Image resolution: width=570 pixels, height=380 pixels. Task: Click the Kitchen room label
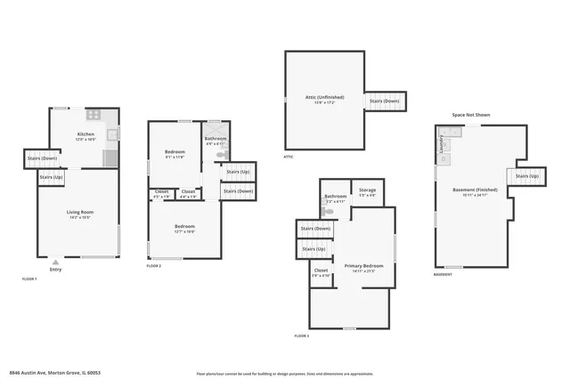pyautogui.click(x=85, y=135)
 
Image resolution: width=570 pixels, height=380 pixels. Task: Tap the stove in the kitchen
pyautogui.click(x=94, y=115)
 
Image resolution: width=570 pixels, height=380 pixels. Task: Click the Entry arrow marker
pyautogui.click(x=56, y=263)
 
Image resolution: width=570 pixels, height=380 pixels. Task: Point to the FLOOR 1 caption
pyautogui.click(x=29, y=279)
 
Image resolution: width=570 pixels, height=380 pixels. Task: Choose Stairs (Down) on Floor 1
pyautogui.click(x=43, y=158)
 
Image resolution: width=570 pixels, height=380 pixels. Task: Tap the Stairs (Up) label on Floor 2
pyautogui.click(x=238, y=172)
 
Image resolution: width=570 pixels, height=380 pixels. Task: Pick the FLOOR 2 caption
pyautogui.click(x=154, y=265)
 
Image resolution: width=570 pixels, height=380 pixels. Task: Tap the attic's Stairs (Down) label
pyautogui.click(x=386, y=101)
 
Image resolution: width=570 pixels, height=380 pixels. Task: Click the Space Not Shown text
pyautogui.click(x=470, y=115)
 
